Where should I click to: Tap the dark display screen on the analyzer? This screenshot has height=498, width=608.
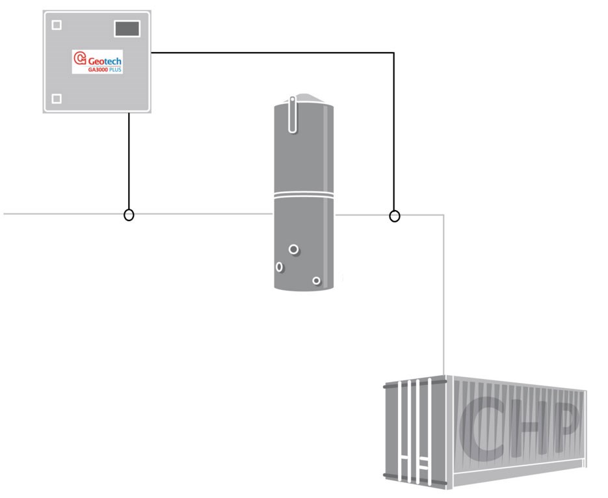click(127, 29)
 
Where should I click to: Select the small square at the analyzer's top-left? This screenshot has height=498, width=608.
click(57, 25)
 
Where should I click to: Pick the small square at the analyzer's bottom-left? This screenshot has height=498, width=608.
click(57, 99)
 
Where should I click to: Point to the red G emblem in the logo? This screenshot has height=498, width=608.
click(80, 59)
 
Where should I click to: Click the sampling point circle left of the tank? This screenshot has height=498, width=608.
click(129, 215)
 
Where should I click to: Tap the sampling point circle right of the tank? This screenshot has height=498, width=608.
click(394, 216)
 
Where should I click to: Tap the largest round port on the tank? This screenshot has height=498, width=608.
click(294, 249)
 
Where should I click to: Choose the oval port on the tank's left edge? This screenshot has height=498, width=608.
click(280, 267)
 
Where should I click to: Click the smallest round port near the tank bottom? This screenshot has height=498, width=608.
click(316, 280)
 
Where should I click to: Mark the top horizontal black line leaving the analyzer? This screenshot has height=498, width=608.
click(273, 53)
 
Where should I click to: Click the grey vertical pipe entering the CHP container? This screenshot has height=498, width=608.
click(443, 293)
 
